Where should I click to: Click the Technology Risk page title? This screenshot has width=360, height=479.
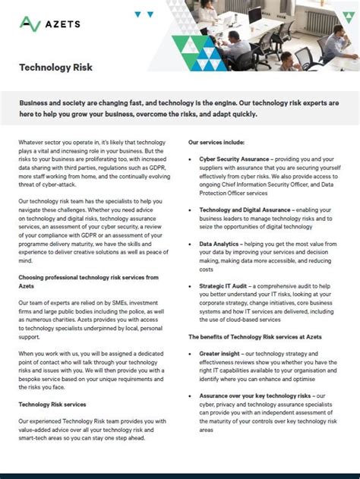point(56,68)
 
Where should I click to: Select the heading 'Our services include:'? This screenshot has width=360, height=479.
point(216,142)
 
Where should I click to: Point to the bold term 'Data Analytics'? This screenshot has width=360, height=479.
point(220,244)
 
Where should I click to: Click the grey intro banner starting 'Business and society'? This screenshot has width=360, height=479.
point(179,108)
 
